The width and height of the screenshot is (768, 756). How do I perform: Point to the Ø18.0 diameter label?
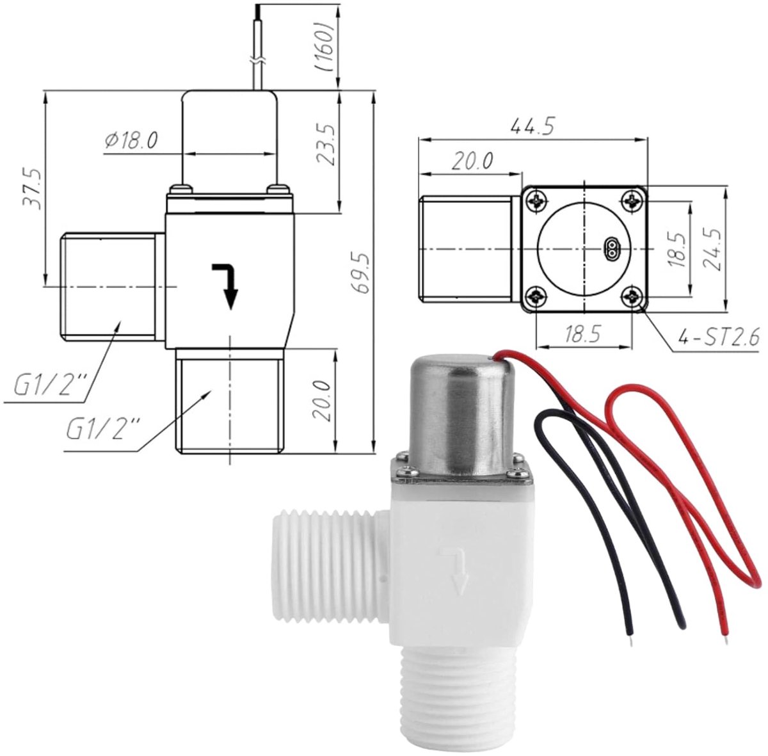point(132,140)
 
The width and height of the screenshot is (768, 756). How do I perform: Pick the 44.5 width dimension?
point(533,126)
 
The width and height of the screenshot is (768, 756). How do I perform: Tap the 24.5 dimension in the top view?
point(714,250)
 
